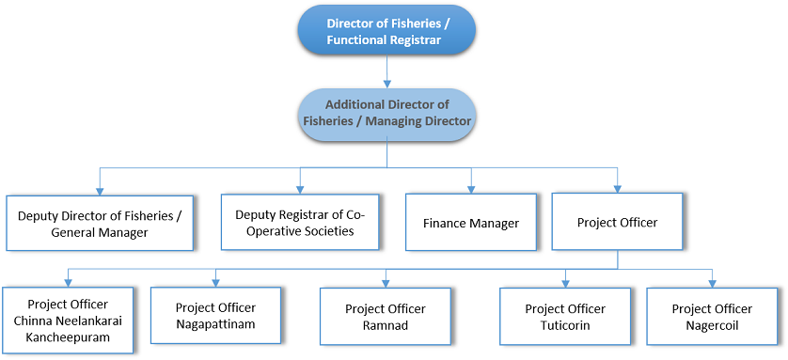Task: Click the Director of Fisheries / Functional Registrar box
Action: pyautogui.click(x=386, y=30)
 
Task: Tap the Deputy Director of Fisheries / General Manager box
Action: pyautogui.click(x=99, y=223)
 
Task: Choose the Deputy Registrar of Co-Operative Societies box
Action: pyautogui.click(x=300, y=222)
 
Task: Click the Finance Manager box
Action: pyautogui.click(x=471, y=223)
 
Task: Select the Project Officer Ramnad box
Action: pyautogui.click(x=386, y=317)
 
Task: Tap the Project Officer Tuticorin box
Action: pyautogui.click(x=565, y=317)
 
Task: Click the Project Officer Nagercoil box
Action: pyautogui.click(x=712, y=317)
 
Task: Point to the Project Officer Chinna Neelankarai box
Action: pyautogui.click(x=68, y=320)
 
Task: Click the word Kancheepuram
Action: pyautogui.click(x=68, y=336)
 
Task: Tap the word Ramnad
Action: pyautogui.click(x=386, y=325)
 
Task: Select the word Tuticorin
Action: pyautogui.click(x=565, y=325)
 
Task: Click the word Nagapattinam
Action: pyautogui.click(x=215, y=324)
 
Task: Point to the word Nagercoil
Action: pyautogui.click(x=712, y=325)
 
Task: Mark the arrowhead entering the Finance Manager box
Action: pyautogui.click(x=471, y=188)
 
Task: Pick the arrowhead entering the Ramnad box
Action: pyautogui.click(x=386, y=281)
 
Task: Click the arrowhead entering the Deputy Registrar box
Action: pyautogui.click(x=300, y=188)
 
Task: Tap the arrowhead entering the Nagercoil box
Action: pyautogui.click(x=712, y=281)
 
